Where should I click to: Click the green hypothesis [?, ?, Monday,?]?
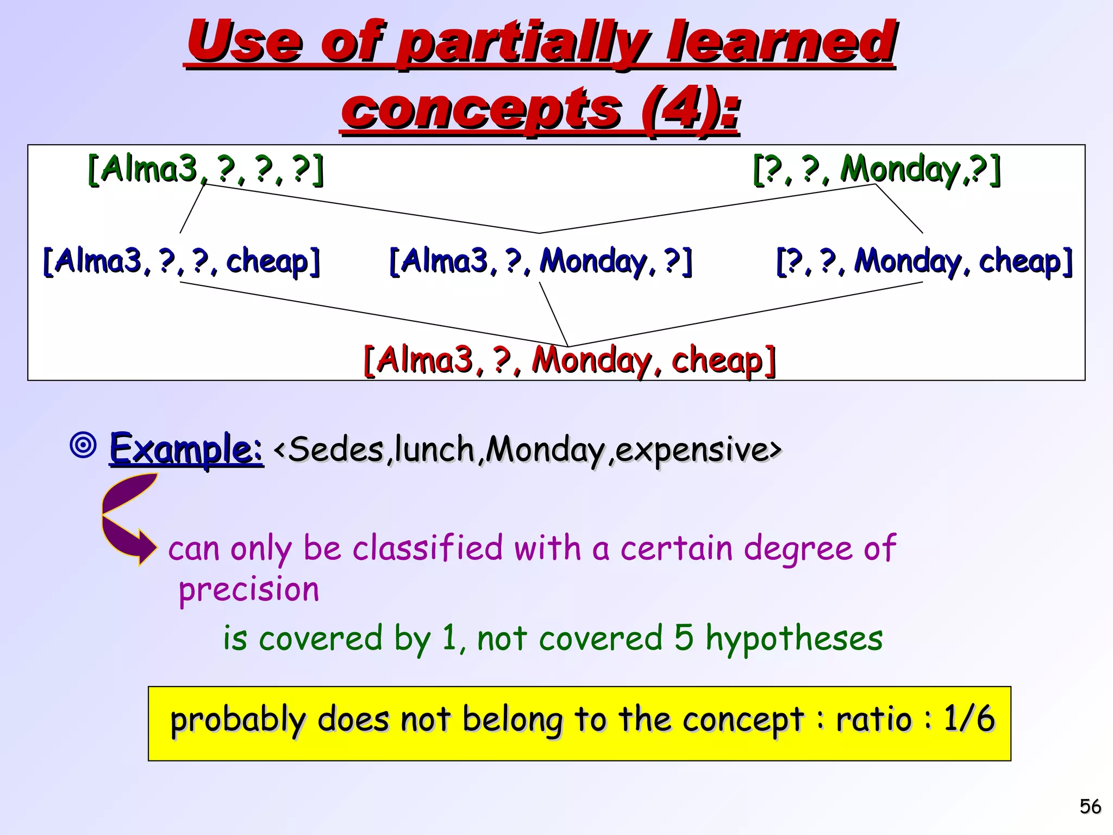[876, 169]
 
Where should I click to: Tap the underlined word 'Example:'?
[186, 449]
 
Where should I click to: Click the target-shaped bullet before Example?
[83, 445]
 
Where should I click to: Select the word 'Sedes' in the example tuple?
[335, 450]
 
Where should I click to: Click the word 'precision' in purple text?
[249, 590]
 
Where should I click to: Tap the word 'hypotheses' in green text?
[794, 638]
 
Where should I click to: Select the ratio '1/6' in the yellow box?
[968, 719]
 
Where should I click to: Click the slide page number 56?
[1090, 807]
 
